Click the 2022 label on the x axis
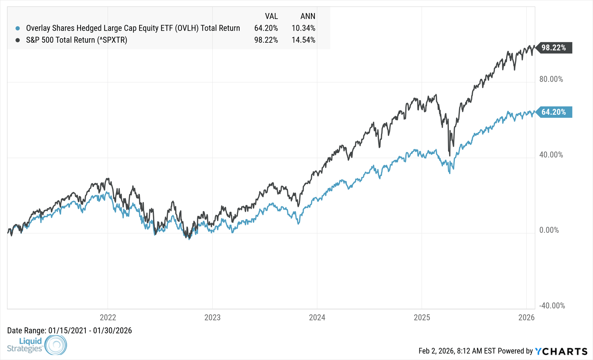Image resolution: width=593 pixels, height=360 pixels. (x=108, y=317)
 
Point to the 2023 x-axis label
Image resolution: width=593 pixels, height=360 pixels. (x=213, y=317)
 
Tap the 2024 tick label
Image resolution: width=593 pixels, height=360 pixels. (x=317, y=317)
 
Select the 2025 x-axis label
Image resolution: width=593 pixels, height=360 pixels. (x=422, y=317)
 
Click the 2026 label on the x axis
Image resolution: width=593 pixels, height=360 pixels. (x=526, y=317)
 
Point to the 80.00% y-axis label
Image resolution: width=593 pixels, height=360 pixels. (x=551, y=79)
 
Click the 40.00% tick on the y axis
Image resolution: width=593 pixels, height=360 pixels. (x=551, y=155)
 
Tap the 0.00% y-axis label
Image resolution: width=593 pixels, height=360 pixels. (x=549, y=230)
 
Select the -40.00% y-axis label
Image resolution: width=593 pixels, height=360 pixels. (x=552, y=306)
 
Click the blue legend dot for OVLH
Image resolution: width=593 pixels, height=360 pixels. (x=18, y=28)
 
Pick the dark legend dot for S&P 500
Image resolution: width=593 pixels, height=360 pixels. (x=18, y=40)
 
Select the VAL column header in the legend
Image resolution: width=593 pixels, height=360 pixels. (x=271, y=16)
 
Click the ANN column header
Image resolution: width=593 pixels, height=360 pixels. (x=308, y=16)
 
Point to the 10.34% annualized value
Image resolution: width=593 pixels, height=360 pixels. (x=303, y=28)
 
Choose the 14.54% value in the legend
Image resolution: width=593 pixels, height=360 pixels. (x=303, y=40)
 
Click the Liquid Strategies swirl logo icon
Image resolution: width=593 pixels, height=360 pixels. (x=56, y=345)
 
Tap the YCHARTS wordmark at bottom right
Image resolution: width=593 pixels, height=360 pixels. (x=561, y=351)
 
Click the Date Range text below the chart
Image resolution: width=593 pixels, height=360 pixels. (x=69, y=331)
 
